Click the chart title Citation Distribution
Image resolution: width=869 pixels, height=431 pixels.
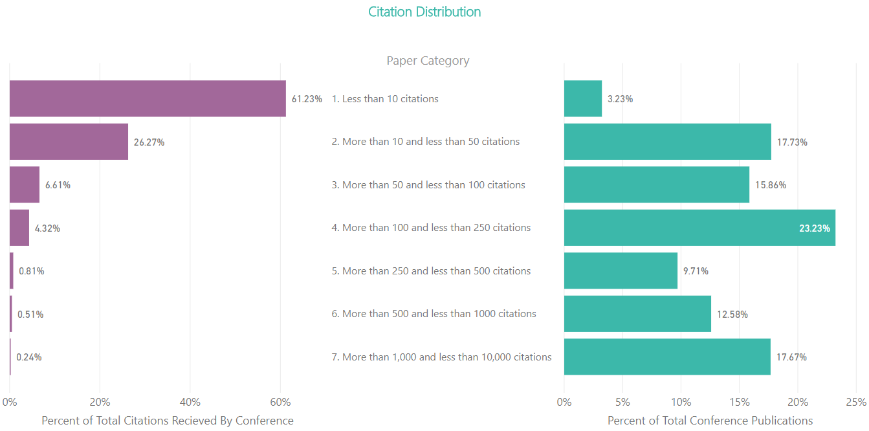[x=424, y=12]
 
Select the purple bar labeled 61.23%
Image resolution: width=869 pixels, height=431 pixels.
[x=148, y=98]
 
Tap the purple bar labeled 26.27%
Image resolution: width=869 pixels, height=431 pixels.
[x=69, y=142]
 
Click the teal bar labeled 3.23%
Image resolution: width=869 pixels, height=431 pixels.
[x=582, y=98]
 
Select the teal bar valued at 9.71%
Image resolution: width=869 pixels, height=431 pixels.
[x=621, y=271]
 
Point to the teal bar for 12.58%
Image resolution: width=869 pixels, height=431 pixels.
[x=637, y=314]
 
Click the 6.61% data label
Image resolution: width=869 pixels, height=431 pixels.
[x=58, y=185]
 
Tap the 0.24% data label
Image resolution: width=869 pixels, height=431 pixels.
[x=29, y=357]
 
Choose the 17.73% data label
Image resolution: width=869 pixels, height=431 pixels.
[x=792, y=142]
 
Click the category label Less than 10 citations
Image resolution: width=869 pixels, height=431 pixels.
[x=385, y=99]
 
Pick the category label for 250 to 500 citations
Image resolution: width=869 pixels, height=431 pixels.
[x=431, y=271]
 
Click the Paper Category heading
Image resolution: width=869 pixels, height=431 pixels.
[x=428, y=61]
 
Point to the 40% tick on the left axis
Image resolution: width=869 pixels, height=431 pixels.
[x=190, y=402]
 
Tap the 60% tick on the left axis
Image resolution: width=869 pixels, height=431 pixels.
[x=280, y=402]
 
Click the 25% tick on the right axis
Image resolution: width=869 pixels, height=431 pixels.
[x=856, y=402]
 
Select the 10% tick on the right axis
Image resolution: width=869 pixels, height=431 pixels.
[x=681, y=402]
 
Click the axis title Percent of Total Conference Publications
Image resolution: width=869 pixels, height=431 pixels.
[x=710, y=421]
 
